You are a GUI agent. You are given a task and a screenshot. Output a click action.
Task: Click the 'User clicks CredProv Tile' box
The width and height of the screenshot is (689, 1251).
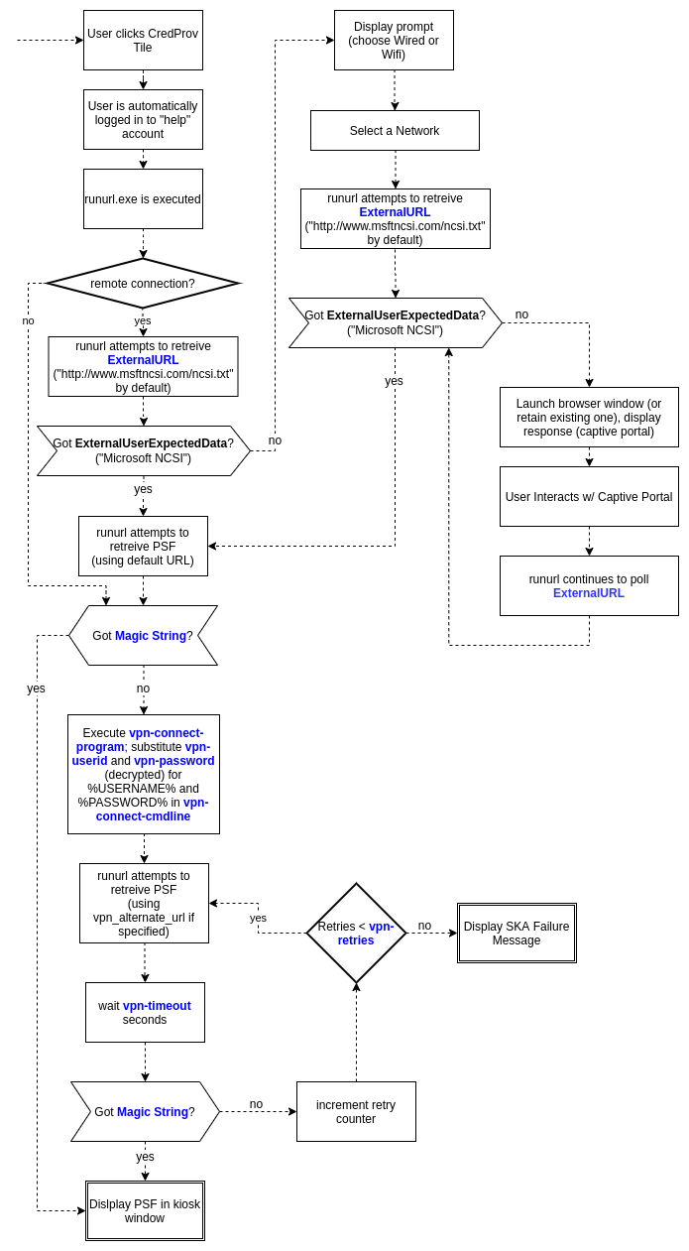[x=143, y=40]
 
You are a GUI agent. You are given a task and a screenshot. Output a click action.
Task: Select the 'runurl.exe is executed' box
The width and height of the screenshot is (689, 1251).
[x=143, y=198]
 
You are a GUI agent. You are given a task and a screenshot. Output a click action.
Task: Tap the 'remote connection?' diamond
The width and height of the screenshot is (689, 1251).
[x=143, y=283]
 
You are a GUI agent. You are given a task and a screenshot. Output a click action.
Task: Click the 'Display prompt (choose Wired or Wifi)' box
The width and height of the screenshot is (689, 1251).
[x=394, y=40]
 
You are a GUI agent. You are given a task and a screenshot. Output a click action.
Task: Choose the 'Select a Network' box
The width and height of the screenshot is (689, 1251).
[x=395, y=130]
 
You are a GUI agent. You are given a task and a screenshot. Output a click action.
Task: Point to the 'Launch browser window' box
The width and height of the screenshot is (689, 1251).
[x=589, y=417]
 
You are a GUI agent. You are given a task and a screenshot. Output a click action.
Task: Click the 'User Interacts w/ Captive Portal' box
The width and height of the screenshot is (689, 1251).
[x=589, y=496]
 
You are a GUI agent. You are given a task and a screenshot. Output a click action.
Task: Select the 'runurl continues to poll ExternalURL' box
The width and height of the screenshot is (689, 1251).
[x=589, y=585]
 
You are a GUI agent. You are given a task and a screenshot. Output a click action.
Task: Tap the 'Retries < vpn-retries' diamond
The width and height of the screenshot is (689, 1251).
[x=356, y=933]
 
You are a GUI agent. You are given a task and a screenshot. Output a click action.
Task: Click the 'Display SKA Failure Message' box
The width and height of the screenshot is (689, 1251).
[x=517, y=933]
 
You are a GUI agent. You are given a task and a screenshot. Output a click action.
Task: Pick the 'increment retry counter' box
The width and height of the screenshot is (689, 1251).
[x=356, y=1111]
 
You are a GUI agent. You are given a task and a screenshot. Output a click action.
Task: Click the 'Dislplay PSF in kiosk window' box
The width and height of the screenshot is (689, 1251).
[x=145, y=1210]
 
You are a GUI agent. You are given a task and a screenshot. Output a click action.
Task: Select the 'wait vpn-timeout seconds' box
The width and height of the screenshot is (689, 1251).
[x=145, y=1012]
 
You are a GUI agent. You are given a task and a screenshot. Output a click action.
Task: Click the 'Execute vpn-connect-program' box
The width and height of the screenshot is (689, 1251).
[x=144, y=774]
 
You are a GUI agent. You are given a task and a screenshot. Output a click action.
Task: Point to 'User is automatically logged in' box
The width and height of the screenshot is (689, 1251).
[x=143, y=119]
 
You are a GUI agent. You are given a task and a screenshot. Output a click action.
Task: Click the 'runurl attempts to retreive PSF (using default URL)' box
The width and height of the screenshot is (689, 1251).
[x=143, y=546]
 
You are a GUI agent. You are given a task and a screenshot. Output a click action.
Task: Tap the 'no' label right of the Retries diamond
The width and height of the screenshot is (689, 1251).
[x=424, y=926]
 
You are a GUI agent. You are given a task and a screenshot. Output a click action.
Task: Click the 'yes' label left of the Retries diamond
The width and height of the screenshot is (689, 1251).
[x=258, y=918]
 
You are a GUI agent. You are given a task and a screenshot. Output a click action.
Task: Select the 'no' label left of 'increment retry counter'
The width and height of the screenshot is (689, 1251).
[x=256, y=1104]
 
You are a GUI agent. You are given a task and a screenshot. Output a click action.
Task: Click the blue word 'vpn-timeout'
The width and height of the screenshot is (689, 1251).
[x=157, y=1005]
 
